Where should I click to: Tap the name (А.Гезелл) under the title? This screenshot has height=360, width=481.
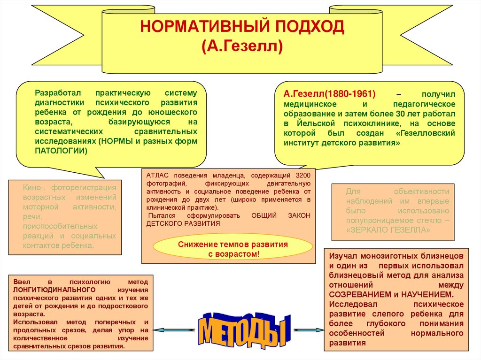(242, 47)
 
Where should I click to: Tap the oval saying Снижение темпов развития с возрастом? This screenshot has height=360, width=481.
(233, 249)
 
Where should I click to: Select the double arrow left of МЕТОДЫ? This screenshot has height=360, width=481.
(174, 330)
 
